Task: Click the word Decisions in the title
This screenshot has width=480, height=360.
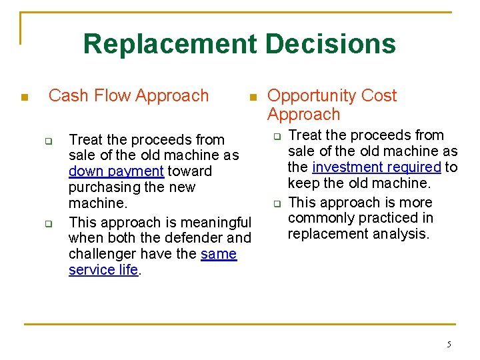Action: point(330,45)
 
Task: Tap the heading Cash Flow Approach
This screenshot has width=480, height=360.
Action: point(129,96)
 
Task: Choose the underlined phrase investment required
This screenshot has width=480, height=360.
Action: point(377,167)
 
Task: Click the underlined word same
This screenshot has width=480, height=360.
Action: point(219,254)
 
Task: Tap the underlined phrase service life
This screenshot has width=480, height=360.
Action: point(103,270)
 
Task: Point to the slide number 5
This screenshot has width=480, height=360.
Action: point(449,345)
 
